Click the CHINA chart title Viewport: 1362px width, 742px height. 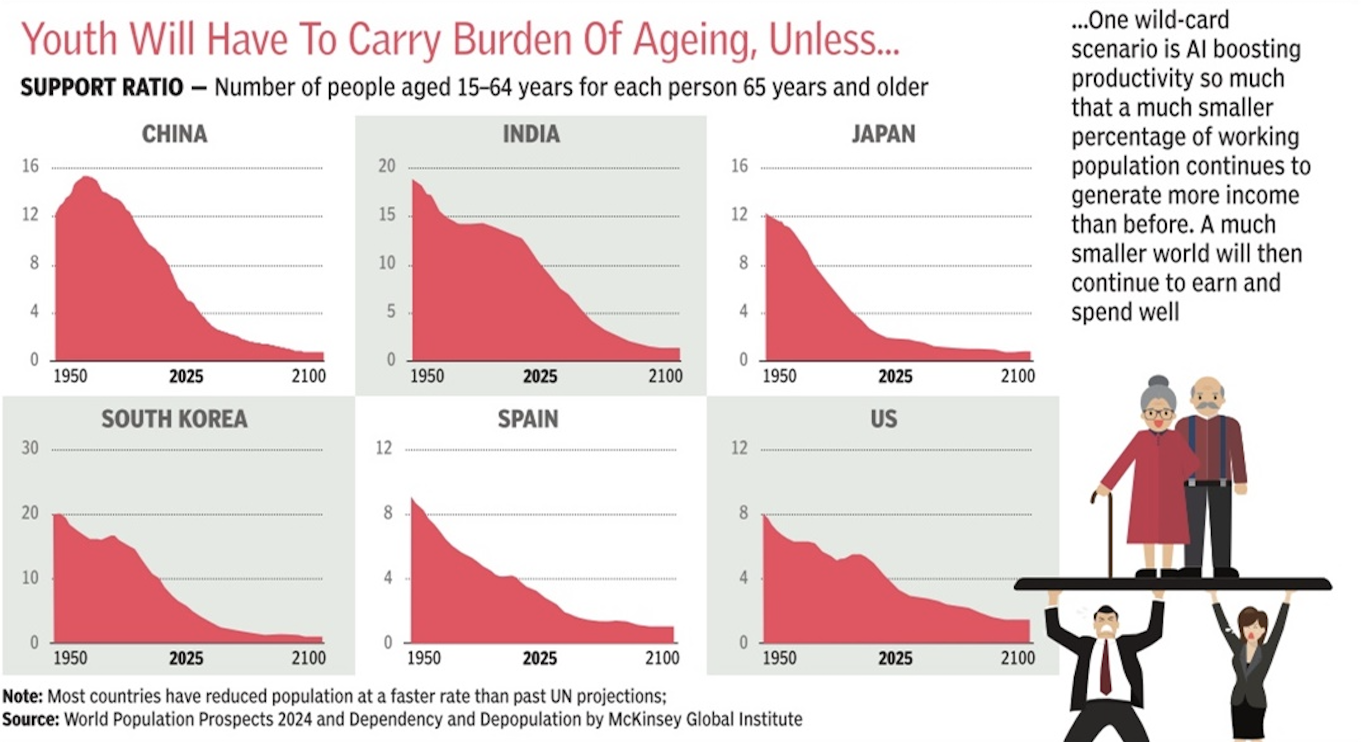click(175, 134)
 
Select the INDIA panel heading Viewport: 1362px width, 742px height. click(531, 134)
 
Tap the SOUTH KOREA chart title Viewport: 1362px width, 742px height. click(175, 419)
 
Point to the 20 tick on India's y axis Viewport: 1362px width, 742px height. click(387, 166)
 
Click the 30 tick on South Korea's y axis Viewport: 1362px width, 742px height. click(30, 449)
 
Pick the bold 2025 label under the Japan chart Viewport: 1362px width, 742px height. click(895, 377)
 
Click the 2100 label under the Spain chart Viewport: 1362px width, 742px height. click(662, 658)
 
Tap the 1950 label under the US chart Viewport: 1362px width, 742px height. click(779, 658)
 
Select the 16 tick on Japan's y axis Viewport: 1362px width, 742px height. click(739, 166)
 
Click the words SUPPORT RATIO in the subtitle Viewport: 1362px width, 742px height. click(102, 87)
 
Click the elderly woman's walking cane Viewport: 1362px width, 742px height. click(1109, 534)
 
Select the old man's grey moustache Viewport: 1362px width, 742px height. click(1207, 406)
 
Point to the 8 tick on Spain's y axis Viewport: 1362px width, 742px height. click(388, 512)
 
